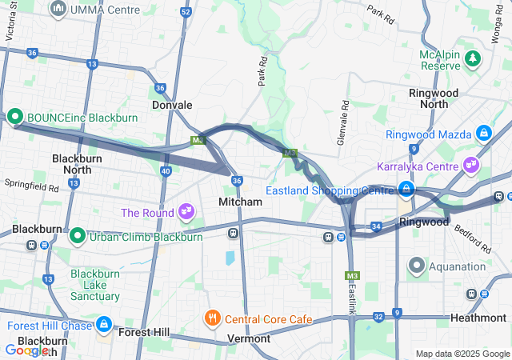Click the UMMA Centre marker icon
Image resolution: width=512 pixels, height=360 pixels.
(x=58, y=9)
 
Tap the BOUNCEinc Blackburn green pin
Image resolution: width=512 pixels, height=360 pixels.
(x=16, y=118)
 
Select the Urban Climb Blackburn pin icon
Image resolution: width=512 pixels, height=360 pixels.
(x=78, y=236)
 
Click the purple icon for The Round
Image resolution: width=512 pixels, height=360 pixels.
(x=186, y=212)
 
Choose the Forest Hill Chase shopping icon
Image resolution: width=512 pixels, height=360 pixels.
(x=103, y=325)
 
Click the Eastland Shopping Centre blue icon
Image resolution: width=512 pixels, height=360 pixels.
(x=406, y=190)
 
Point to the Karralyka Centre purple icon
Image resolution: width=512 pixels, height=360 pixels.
(x=470, y=166)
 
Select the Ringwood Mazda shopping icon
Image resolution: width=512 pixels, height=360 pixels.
(x=483, y=133)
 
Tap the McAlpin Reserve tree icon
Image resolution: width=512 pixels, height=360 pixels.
(x=473, y=58)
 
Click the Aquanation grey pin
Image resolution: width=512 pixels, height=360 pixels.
(x=417, y=265)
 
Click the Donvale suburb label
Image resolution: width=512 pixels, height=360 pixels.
(x=172, y=105)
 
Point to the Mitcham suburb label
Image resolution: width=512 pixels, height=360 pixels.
(x=240, y=202)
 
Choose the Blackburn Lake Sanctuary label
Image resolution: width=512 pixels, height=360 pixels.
(x=95, y=285)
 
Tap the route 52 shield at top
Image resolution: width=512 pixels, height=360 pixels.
(x=186, y=12)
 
